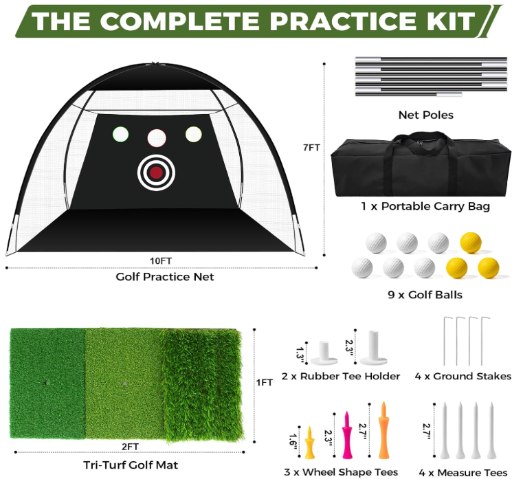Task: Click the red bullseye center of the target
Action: (157, 172)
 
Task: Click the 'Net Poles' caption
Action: (426, 115)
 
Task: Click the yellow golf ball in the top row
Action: (470, 242)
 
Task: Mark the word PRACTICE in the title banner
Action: (329, 21)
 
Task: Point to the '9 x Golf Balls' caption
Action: (426, 295)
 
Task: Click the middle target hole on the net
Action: (157, 137)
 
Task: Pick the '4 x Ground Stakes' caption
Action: (464, 376)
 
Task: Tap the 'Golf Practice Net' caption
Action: (164, 277)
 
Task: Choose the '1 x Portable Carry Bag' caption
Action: (426, 206)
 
